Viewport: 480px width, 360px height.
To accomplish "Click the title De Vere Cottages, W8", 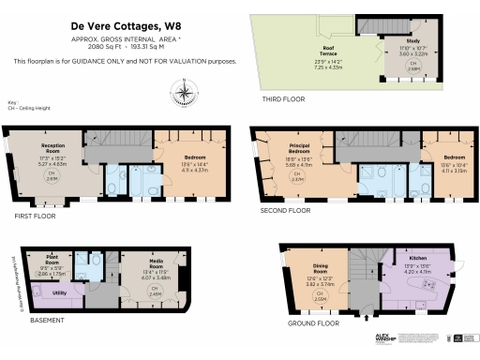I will [125, 26].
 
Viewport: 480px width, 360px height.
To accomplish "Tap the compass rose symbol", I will [185, 91].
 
